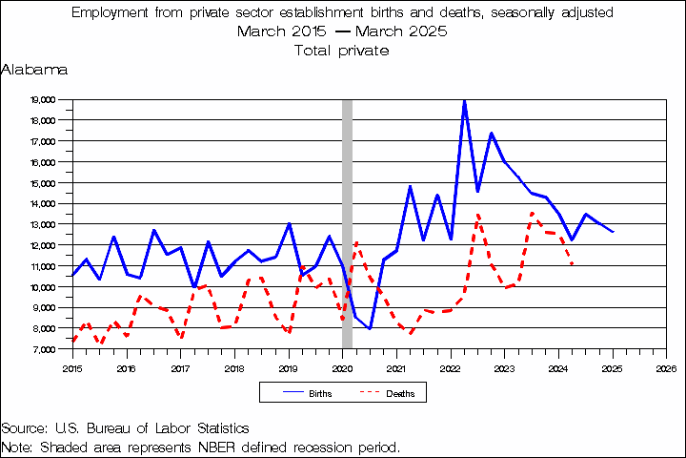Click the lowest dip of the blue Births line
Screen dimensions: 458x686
tap(370, 328)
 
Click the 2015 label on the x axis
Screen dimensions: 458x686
tap(72, 366)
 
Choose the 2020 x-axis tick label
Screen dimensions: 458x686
tap(342, 366)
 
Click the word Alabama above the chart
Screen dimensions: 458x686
tap(34, 70)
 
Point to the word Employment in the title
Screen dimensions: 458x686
tap(112, 12)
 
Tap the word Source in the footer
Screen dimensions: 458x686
tap(23, 428)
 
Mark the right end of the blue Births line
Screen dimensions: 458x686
tap(613, 232)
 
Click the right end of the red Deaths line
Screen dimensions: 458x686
tap(573, 264)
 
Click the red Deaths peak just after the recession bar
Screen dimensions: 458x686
tap(356, 242)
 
